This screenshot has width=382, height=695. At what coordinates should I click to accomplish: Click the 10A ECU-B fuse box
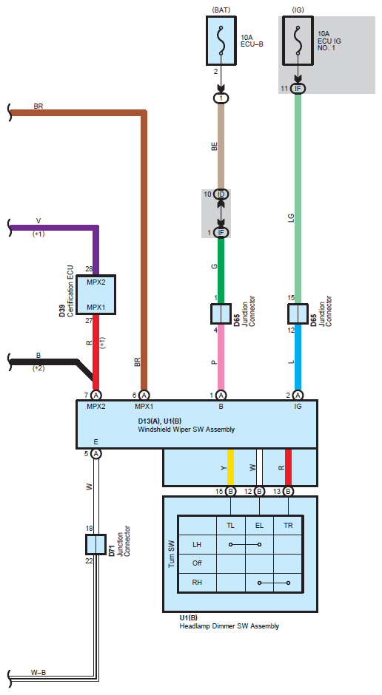221,41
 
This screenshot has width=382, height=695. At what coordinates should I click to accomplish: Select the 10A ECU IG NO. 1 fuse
298,41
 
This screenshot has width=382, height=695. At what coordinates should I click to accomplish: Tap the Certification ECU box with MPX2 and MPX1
95,295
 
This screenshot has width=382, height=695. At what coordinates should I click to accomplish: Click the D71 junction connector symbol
95,544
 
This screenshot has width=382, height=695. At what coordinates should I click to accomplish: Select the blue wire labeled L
298,358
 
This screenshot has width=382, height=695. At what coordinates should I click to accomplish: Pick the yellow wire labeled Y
231,467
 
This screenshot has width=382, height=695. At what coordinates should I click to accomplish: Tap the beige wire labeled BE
221,146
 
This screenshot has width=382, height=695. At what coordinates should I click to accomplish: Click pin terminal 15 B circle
231,491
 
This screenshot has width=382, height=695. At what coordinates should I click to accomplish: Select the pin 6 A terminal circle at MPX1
144,395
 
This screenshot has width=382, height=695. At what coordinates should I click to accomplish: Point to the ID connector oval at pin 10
221,194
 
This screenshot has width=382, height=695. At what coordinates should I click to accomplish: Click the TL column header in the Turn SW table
231,526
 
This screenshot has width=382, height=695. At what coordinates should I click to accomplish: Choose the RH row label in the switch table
198,582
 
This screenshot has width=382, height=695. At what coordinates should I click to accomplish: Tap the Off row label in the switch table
198,563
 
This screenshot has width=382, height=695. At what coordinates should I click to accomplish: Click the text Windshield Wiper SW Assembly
187,429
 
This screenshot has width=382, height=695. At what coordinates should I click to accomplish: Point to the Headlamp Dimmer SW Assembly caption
229,625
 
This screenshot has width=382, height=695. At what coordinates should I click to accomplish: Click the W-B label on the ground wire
38,672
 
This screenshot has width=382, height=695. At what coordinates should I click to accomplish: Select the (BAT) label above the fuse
221,10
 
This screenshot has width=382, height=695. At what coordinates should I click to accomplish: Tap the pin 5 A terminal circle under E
95,453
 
